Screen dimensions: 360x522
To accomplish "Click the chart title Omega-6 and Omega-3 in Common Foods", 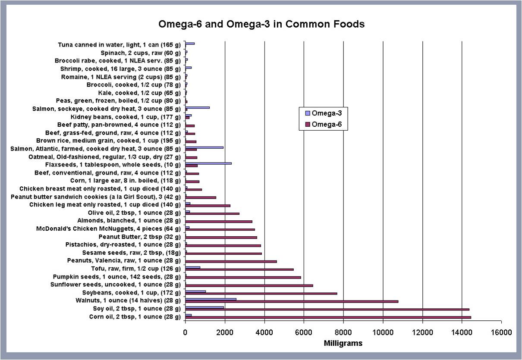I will [x=261, y=24].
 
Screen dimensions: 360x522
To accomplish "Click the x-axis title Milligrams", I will [x=343, y=343].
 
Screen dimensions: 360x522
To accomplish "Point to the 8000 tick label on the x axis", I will [x=343, y=332].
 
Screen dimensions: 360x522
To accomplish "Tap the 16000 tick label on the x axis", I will [x=501, y=332].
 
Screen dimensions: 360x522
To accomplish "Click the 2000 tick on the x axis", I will [x=225, y=332].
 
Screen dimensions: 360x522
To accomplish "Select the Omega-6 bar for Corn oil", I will [x=328, y=317].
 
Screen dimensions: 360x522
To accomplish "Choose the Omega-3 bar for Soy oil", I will [x=204, y=307].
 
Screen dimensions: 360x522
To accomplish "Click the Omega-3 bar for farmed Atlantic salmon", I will [x=204, y=147].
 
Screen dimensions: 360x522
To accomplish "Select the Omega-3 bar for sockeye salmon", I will [x=197, y=107].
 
